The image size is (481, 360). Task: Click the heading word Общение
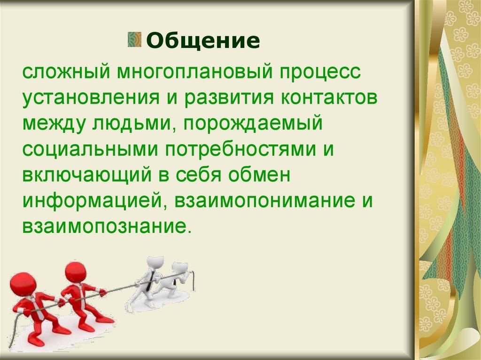[x=203, y=40]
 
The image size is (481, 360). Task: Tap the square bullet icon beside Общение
[x=135, y=39]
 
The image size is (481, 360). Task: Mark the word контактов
[x=329, y=98]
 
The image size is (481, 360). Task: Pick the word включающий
[x=87, y=175]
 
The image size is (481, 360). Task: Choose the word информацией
[x=92, y=201]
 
